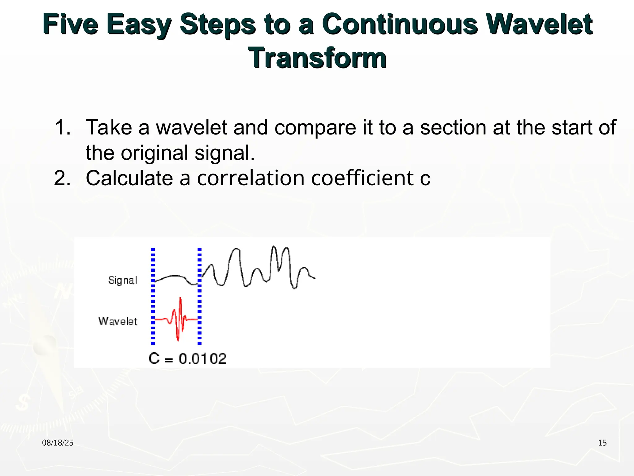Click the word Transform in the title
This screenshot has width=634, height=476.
pyautogui.click(x=317, y=58)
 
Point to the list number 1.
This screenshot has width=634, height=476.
pyautogui.click(x=62, y=127)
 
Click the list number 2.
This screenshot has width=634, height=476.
pyautogui.click(x=62, y=178)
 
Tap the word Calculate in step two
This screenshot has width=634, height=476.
pyautogui.click(x=129, y=178)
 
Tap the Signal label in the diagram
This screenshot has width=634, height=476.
pyautogui.click(x=123, y=280)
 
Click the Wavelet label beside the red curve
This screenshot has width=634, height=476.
pyautogui.click(x=118, y=321)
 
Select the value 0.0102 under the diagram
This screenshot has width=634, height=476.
pyautogui.click(x=203, y=359)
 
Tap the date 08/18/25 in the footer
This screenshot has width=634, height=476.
pyautogui.click(x=58, y=443)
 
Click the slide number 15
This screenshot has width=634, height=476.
pyautogui.click(x=602, y=443)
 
